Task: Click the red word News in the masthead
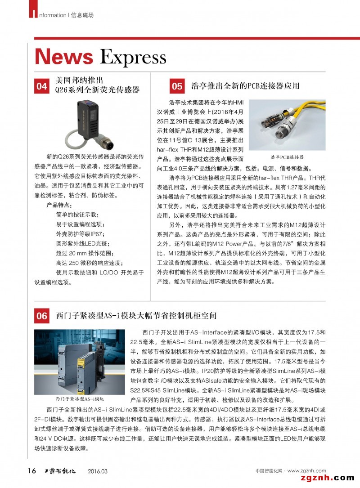64,57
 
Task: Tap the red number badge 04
42,86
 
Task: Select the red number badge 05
177,86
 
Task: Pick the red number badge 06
42,316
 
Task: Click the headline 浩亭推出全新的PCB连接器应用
245,85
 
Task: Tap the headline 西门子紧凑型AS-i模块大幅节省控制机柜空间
136,316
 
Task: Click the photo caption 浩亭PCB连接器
287,157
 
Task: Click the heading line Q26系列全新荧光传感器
97,90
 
